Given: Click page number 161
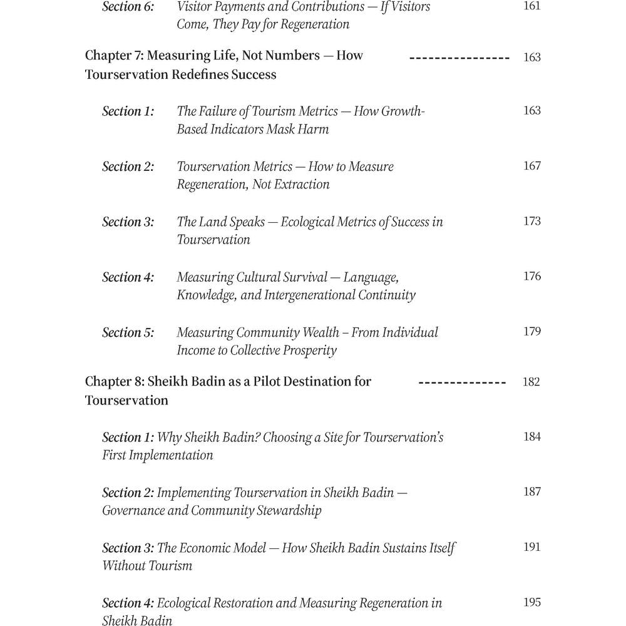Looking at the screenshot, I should [532, 7].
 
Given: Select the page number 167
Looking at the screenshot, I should [532, 166].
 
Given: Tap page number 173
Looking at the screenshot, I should [532, 221].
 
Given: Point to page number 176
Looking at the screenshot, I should [532, 276].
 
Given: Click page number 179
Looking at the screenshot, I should [532, 331].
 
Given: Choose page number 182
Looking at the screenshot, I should [531, 382].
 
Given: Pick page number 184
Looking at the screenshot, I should [532, 437].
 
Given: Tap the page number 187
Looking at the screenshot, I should [532, 492].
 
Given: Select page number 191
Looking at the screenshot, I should [532, 547].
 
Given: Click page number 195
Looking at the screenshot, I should [532, 602].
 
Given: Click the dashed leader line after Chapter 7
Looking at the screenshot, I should [459, 57].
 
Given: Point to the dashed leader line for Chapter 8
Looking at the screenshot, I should [462, 381].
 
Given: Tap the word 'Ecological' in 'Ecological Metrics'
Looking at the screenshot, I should [309, 222].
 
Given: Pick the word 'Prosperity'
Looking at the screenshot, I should [308, 351].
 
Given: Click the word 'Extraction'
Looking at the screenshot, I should [299, 185].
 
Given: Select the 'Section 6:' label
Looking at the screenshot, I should [128, 7].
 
